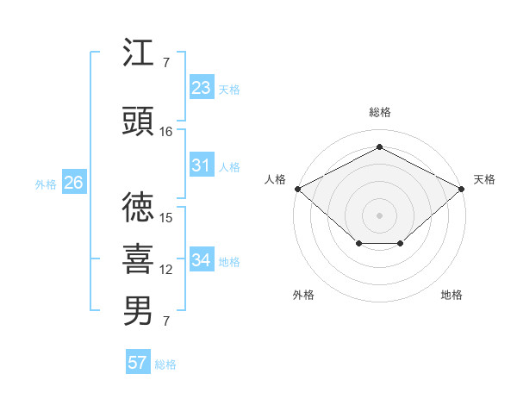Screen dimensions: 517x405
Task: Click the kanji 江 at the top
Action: click(x=138, y=52)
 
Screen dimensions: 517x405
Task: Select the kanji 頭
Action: click(x=138, y=121)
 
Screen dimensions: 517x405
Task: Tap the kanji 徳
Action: click(x=138, y=207)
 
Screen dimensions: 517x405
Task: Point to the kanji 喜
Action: click(x=138, y=259)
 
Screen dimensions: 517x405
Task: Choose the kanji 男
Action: click(x=138, y=311)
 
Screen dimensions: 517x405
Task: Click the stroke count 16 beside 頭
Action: click(x=165, y=132)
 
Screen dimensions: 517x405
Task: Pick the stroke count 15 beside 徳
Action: click(x=165, y=218)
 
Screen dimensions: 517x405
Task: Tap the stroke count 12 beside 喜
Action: click(x=165, y=270)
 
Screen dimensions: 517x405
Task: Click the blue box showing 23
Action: click(x=202, y=87)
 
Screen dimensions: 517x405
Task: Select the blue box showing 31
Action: click(x=202, y=165)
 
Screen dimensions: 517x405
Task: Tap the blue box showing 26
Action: click(x=74, y=182)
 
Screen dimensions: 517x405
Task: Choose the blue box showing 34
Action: click(x=202, y=259)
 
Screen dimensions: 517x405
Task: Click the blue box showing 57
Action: click(x=138, y=361)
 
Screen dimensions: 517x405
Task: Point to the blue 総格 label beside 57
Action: click(x=165, y=364)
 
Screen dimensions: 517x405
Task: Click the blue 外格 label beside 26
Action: click(x=46, y=184)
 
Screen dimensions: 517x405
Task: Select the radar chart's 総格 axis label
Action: click(x=380, y=112)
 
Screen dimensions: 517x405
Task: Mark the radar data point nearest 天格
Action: click(x=461, y=189)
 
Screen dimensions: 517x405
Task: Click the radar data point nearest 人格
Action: click(x=298, y=189)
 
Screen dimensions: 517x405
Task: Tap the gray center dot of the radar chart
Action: click(x=379, y=215)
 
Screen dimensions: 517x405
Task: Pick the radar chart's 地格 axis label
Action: click(x=452, y=295)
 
